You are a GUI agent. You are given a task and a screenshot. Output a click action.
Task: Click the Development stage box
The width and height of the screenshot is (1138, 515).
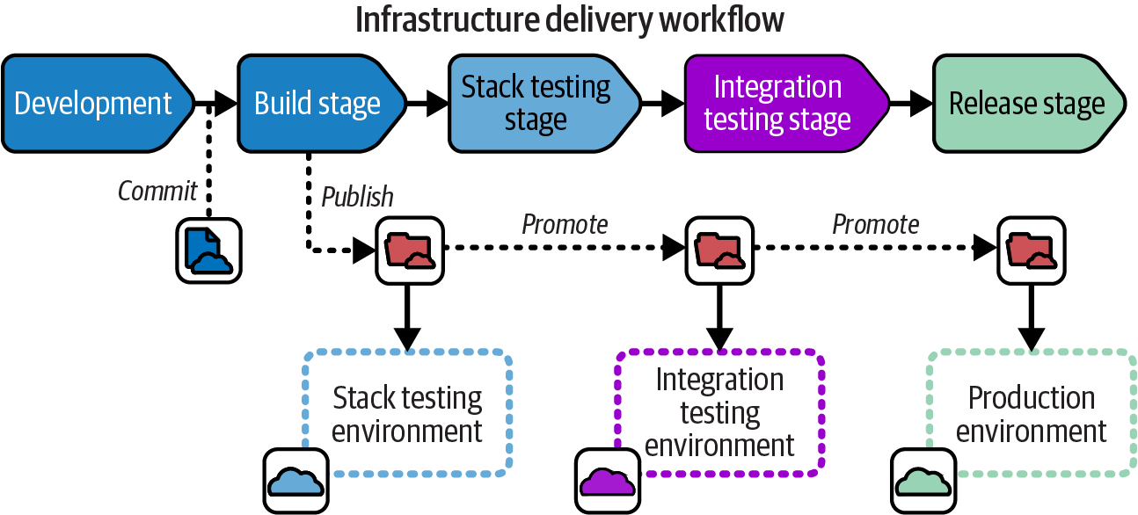click(92, 104)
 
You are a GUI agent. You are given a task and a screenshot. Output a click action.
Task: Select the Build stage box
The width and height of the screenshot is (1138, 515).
click(317, 104)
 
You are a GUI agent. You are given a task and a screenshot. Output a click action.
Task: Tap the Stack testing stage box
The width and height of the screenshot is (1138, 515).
click(536, 104)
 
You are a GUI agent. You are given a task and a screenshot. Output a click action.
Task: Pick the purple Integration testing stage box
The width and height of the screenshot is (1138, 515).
click(777, 104)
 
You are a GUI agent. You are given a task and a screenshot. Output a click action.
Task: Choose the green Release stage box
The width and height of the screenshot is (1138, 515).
click(1026, 104)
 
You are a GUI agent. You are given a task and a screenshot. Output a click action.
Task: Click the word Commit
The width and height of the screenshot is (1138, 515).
click(157, 191)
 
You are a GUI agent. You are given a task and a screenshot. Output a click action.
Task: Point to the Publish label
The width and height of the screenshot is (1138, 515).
click(357, 197)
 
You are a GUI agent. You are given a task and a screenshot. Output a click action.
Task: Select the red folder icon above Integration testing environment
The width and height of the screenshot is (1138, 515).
click(719, 250)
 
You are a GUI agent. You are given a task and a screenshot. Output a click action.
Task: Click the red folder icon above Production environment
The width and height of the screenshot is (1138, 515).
click(1030, 250)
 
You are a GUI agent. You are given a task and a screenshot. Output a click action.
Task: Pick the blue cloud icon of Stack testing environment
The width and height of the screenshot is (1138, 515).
click(297, 481)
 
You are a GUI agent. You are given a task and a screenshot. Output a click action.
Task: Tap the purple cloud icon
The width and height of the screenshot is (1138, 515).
click(608, 481)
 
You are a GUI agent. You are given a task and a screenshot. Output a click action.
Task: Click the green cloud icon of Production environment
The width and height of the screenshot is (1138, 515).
click(923, 481)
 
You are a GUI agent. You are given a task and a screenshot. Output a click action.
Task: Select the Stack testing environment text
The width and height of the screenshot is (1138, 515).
click(407, 415)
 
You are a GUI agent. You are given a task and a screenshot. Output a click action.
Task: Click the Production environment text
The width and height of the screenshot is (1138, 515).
click(1031, 415)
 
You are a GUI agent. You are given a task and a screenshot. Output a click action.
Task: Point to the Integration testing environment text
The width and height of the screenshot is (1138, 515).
click(719, 413)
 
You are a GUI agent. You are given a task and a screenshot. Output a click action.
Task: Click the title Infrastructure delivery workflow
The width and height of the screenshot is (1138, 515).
click(569, 20)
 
